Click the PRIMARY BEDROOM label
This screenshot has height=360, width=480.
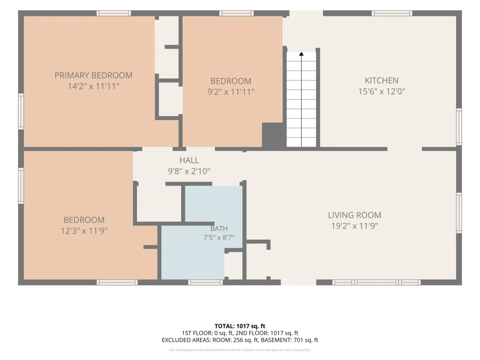click(93, 75)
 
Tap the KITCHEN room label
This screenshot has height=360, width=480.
click(381, 81)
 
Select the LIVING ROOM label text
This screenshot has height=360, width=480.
click(354, 215)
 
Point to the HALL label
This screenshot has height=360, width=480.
click(189, 160)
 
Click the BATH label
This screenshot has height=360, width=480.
click(219, 229)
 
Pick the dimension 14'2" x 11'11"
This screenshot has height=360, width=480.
click(93, 86)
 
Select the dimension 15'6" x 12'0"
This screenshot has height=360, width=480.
click(381, 91)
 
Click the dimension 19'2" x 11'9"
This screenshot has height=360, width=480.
click(354, 226)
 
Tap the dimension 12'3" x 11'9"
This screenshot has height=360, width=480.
click(84, 231)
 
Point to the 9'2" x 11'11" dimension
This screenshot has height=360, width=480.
click(231, 92)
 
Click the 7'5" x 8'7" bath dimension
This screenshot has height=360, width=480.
click(219, 237)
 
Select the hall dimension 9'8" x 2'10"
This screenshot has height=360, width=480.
click(189, 171)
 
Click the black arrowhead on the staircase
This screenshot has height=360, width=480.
click(301, 54)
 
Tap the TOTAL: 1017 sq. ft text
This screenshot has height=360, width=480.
click(240, 326)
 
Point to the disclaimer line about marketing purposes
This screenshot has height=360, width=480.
click(240, 350)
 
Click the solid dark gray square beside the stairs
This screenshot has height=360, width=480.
click(272, 135)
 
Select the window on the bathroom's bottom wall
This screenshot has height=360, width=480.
click(205, 282)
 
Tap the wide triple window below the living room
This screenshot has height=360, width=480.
click(376, 282)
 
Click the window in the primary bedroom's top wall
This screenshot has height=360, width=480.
click(114, 13)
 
